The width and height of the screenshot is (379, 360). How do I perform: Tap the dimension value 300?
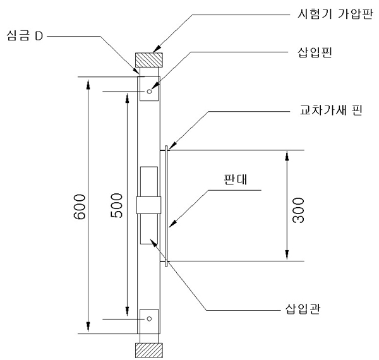pos(299,207)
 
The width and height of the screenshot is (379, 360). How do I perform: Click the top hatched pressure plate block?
pos(149,60)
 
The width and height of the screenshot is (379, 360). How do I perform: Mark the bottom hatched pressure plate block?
pos(148,349)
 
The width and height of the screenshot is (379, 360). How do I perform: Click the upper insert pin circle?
pos(150,92)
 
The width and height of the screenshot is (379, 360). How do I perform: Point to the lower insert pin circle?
pos(150,318)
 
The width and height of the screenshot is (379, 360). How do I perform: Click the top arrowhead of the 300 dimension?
pos(288,153)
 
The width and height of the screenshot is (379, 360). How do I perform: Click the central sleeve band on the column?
pos(150,205)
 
